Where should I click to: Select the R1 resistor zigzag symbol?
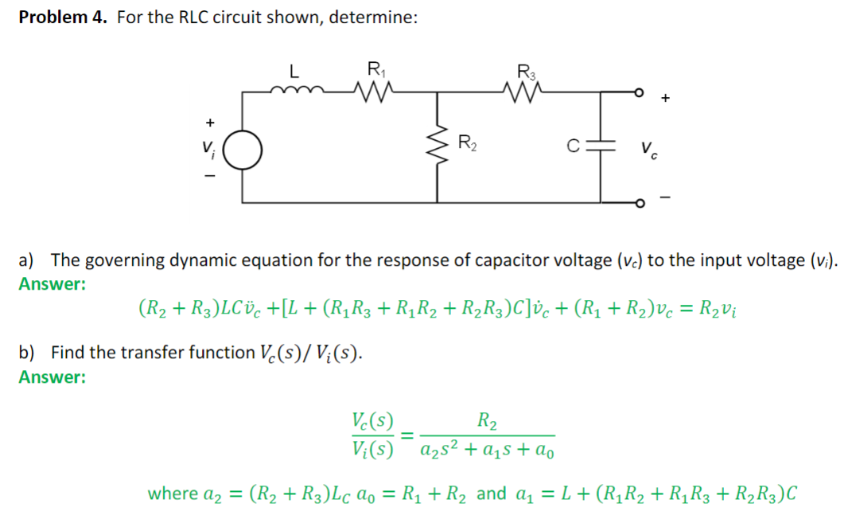coord(371,91)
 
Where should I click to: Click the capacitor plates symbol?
coord(601,146)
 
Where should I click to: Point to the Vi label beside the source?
coord(208,149)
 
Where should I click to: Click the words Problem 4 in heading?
coord(63,18)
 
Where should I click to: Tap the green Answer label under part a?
coord(52,284)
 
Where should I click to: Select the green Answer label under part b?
coord(52,377)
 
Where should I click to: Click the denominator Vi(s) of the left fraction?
coord(372,447)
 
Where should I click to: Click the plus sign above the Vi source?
coord(209,123)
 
